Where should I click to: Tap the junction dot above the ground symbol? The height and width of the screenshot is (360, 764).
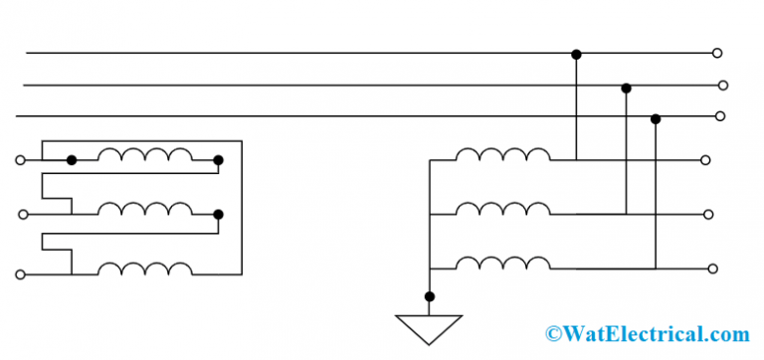(x=429, y=296)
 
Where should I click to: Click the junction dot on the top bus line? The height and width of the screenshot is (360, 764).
(x=576, y=53)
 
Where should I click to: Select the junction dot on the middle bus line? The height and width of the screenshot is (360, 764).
(x=626, y=88)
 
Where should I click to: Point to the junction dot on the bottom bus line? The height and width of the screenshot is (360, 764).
(x=655, y=119)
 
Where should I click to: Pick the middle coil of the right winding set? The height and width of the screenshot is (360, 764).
(x=502, y=208)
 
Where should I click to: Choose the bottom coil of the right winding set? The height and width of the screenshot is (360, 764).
(x=502, y=263)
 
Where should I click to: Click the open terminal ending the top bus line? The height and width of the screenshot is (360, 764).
(x=717, y=53)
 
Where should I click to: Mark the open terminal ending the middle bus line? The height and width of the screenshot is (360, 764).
(x=723, y=86)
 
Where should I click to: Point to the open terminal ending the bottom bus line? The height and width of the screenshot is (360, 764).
(x=719, y=115)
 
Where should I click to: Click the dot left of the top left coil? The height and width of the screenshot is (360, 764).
(x=72, y=159)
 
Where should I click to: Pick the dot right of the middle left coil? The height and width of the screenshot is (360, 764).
(x=218, y=214)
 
